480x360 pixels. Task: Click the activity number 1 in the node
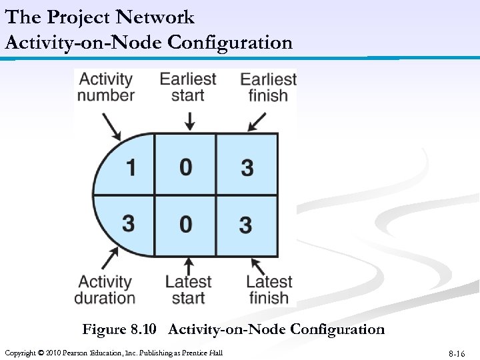(x=131, y=166)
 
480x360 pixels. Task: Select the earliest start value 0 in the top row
(x=186, y=166)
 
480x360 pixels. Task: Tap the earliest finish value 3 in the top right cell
(x=247, y=167)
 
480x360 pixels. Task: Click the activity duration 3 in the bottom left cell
(x=129, y=223)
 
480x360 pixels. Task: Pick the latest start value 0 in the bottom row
(x=186, y=223)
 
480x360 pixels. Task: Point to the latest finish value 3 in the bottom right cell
(x=245, y=224)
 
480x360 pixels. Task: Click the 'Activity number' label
(x=106, y=87)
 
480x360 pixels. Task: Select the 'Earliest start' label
(x=188, y=87)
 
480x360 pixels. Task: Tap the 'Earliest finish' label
(x=268, y=87)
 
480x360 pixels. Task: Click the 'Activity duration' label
(x=105, y=290)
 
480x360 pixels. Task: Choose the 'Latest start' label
(x=188, y=290)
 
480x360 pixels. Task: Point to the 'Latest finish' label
(x=269, y=290)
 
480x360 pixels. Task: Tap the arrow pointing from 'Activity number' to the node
(x=111, y=125)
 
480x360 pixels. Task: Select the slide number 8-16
(x=457, y=353)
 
